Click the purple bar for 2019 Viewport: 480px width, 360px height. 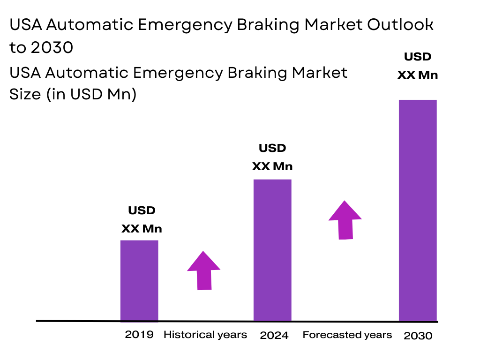tap(139, 280)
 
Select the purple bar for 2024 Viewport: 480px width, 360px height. tap(272, 250)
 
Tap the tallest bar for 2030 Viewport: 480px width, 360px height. tap(418, 210)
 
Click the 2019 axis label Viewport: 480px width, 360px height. tap(139, 335)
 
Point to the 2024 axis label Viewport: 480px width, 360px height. tap(274, 335)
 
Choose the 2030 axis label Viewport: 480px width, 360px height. tap(418, 336)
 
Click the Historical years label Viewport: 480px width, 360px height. tap(205, 335)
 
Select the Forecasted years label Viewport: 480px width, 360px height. tap(347, 335)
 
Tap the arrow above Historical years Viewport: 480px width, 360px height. tap(204, 271)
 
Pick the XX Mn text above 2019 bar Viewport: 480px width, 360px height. tap(142, 229)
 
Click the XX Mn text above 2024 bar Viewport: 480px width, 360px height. tap(272, 166)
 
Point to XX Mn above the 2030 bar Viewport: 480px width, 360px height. tap(418, 75)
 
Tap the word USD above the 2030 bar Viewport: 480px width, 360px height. tap(418, 57)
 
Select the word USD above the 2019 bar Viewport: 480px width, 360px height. tap(142, 210)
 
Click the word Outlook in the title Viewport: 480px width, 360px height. tap(400, 25)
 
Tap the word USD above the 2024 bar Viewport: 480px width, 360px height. tap(272, 148)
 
